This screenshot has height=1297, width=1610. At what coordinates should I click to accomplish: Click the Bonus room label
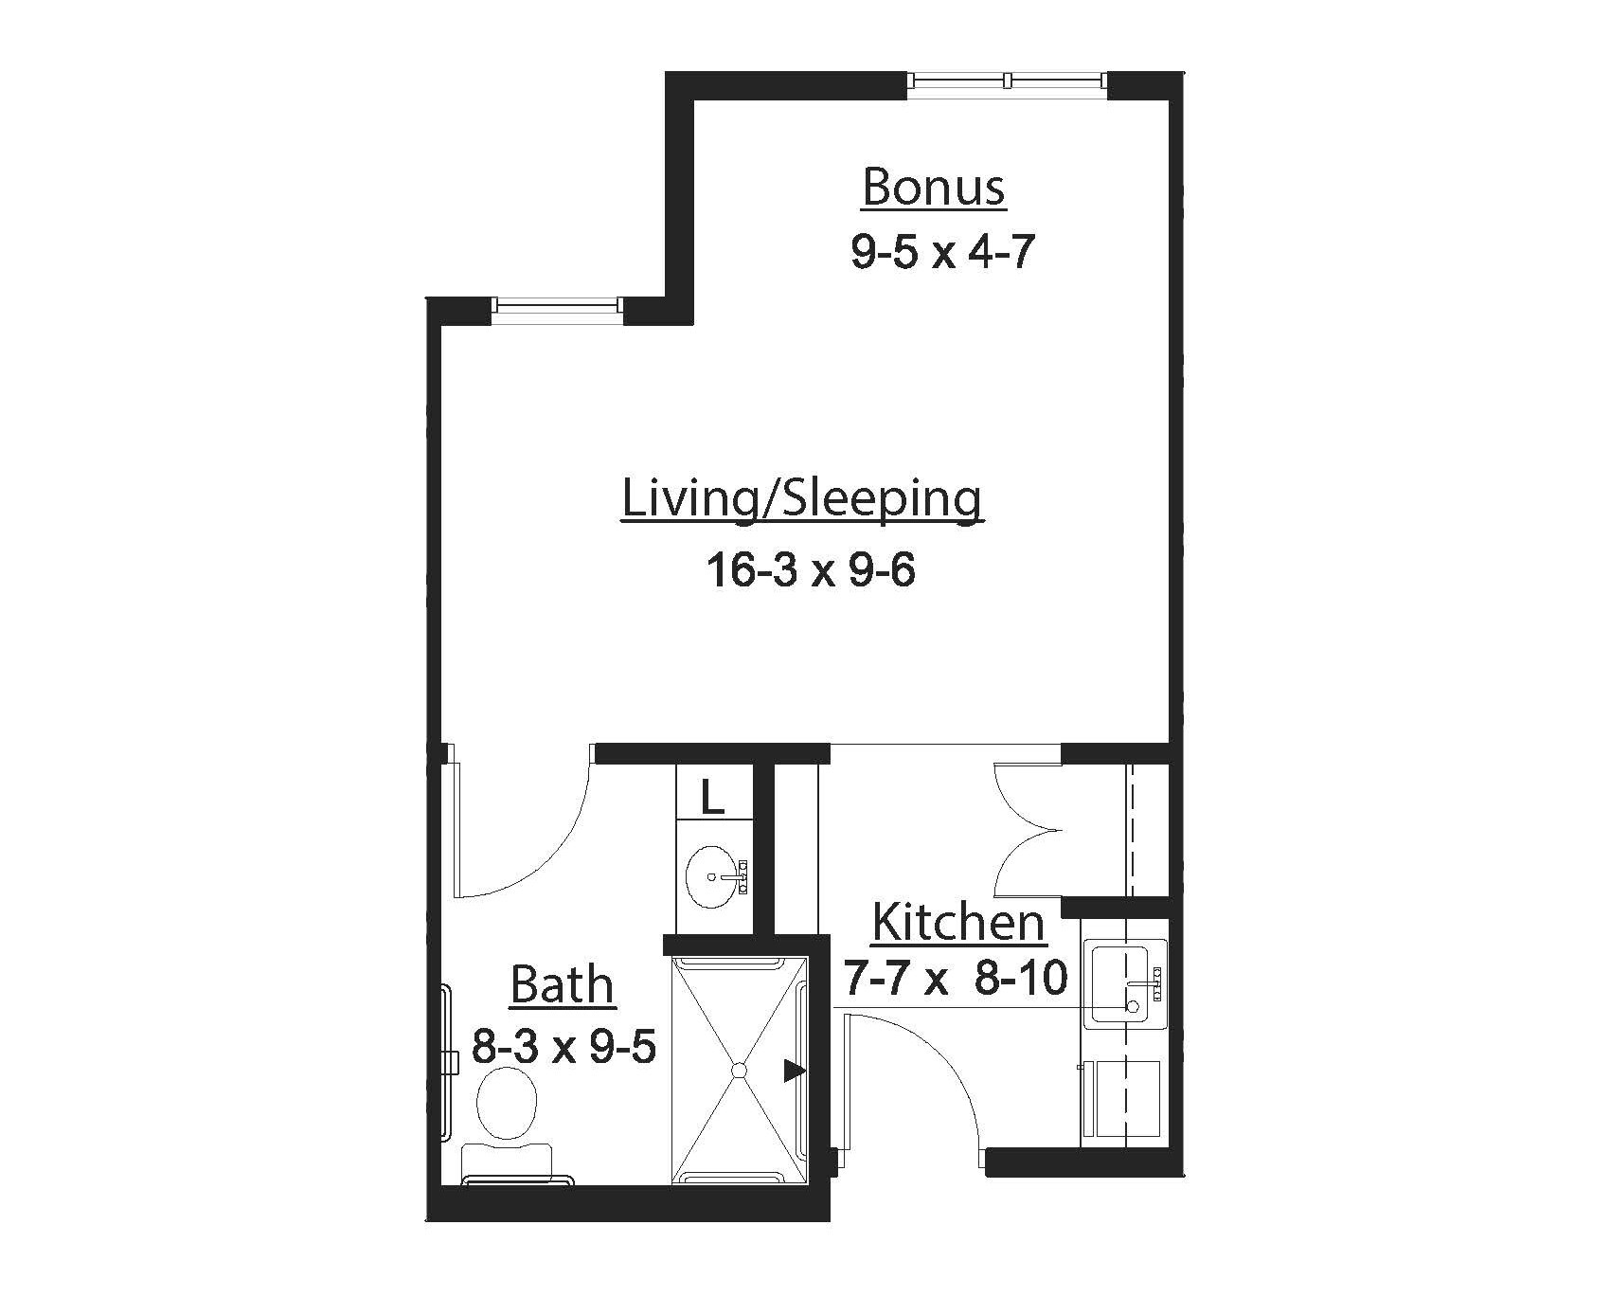point(933,187)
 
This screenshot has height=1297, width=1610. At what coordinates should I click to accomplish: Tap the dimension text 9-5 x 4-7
point(941,253)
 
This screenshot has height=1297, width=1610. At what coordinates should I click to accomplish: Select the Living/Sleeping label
point(801,499)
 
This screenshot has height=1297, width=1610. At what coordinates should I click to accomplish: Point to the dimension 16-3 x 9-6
point(811,571)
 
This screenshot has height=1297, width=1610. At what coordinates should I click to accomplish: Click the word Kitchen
point(957,922)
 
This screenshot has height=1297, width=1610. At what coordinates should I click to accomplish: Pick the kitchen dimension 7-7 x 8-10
point(955,979)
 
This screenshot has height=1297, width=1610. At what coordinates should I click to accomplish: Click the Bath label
point(562,984)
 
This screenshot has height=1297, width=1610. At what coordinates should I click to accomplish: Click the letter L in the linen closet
point(712,799)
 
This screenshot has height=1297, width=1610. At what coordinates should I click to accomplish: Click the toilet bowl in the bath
point(508,1104)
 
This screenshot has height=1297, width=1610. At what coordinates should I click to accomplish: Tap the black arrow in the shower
point(794,1072)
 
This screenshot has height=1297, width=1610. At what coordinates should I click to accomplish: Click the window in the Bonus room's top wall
point(1007,81)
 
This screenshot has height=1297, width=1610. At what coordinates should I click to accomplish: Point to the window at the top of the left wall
point(558,306)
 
